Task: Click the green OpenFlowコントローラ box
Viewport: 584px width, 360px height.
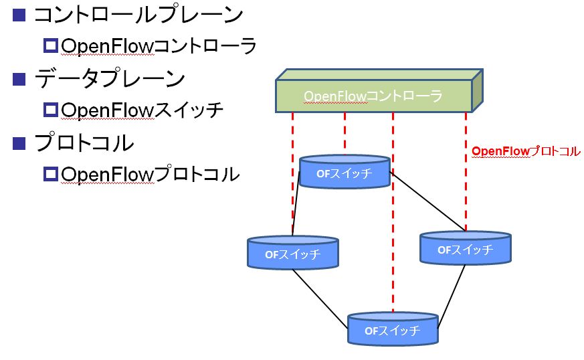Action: (x=379, y=90)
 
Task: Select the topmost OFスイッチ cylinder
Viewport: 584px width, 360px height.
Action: (x=345, y=172)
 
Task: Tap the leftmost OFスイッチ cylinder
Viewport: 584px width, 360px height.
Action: (x=293, y=252)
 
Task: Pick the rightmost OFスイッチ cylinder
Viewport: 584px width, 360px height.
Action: (x=465, y=248)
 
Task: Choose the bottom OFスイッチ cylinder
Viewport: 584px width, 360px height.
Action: (x=393, y=329)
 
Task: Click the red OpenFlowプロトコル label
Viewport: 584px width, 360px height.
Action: (x=526, y=151)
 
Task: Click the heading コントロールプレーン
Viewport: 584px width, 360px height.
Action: (x=138, y=15)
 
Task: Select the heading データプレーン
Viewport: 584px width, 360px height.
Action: (x=110, y=79)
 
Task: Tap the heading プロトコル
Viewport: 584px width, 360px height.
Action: (x=84, y=143)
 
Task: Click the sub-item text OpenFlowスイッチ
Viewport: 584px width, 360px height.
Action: (x=142, y=110)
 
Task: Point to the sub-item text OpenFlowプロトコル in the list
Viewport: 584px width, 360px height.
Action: (x=150, y=174)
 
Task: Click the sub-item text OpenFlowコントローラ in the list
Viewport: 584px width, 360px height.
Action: (x=159, y=46)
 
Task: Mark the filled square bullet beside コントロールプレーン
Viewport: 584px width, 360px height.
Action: (x=19, y=15)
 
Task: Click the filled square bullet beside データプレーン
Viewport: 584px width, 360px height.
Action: (x=19, y=79)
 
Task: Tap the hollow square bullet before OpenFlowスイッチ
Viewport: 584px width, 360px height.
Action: (x=51, y=110)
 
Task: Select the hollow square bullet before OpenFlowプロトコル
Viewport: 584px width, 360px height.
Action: (x=51, y=174)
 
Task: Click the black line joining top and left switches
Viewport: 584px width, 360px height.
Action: (x=296, y=203)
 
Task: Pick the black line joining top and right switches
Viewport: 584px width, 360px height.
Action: (x=428, y=201)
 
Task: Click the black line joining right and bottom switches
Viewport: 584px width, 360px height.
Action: (x=452, y=296)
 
